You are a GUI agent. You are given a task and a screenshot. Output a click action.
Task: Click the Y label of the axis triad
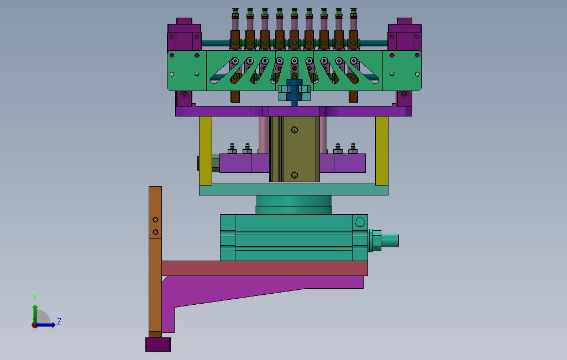tap(35, 298)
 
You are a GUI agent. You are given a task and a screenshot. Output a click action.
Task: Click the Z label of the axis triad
tap(59, 321)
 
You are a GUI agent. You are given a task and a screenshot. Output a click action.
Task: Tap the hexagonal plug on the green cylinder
tap(360, 223)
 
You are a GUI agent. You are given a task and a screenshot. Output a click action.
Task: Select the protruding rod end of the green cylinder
tap(390, 240)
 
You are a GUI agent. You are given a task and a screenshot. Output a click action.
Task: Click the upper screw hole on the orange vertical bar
tap(155, 219)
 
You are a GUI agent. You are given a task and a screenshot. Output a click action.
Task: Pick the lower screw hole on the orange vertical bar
tap(155, 232)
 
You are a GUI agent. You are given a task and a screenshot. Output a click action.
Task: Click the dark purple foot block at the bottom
tap(158, 345)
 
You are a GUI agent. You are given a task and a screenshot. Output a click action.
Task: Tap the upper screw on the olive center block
tap(295, 130)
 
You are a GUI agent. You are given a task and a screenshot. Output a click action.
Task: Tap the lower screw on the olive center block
tap(295, 175)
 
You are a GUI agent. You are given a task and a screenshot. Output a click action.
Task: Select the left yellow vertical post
tap(206, 150)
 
